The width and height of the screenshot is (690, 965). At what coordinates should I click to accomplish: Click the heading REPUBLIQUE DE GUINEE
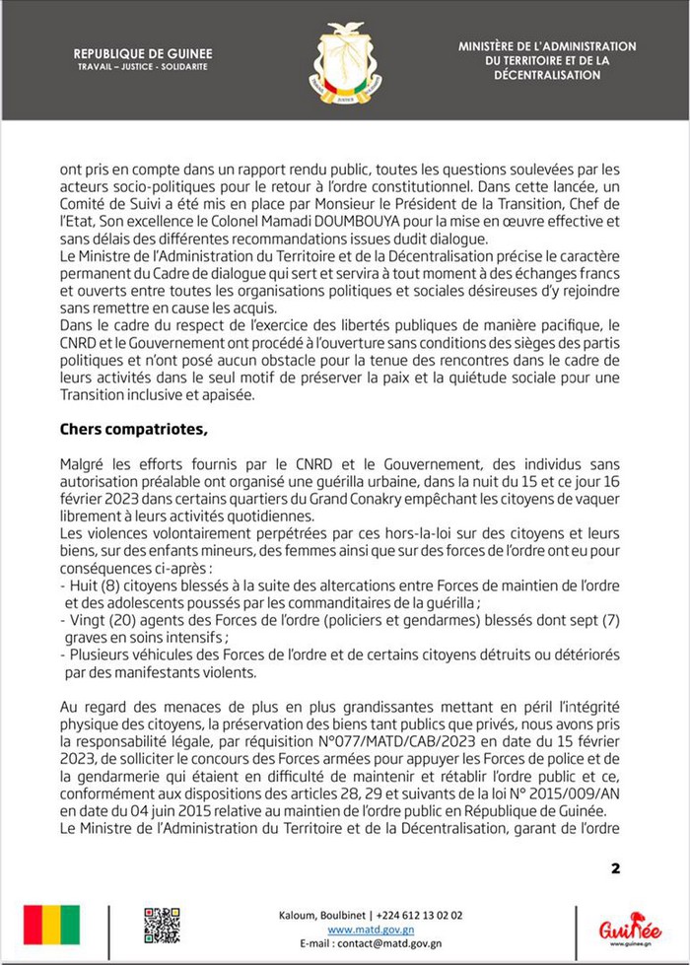coord(143,55)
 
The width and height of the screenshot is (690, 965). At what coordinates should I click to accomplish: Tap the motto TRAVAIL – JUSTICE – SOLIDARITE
coord(143,69)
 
